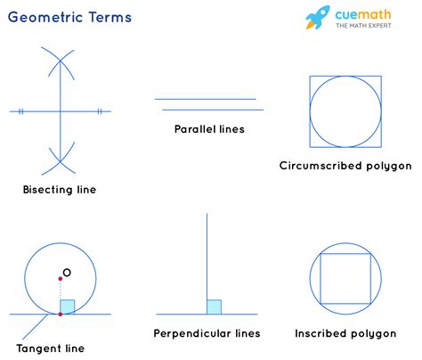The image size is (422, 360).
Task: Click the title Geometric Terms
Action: point(70,17)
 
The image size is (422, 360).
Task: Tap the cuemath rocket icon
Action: point(318,18)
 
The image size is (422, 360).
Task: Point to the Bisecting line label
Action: point(60,190)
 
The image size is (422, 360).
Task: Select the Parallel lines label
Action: point(209,129)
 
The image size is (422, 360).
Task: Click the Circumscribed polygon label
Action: point(345,166)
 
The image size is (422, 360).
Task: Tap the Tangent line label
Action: point(51,348)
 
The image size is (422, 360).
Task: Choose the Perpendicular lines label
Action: point(207,333)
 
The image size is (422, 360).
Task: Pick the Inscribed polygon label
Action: point(345,333)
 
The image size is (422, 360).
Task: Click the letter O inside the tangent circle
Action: point(68,273)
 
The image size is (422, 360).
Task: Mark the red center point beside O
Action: point(60,278)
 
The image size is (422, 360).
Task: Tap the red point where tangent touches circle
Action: point(60,314)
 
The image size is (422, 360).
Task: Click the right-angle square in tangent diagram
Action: point(67,307)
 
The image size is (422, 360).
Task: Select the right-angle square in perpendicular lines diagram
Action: point(214,307)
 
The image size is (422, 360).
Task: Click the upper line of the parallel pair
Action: point(205,99)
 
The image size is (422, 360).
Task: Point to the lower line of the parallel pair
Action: point(209,110)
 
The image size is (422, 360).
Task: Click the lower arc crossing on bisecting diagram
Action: point(59,161)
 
